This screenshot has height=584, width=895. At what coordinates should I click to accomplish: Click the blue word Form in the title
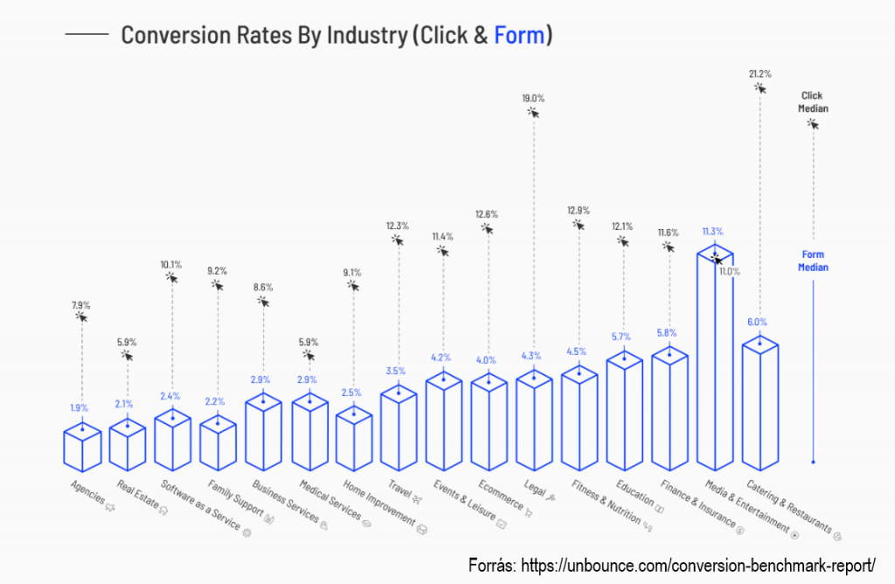pos(518,36)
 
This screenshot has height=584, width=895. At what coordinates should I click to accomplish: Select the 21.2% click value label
pos(760,74)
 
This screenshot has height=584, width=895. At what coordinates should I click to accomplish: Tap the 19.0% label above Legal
pos(533,99)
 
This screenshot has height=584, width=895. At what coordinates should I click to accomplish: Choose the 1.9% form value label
pos(79,407)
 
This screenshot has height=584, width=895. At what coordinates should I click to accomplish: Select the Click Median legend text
pos(812,102)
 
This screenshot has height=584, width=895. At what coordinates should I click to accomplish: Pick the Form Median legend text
pos(813,261)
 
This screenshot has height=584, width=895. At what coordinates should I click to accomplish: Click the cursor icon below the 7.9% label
pos(81,317)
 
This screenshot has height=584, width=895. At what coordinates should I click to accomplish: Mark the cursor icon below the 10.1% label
pos(171,277)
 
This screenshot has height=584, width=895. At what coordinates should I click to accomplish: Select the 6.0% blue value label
pos(757,322)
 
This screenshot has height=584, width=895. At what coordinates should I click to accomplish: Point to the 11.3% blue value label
pos(712,232)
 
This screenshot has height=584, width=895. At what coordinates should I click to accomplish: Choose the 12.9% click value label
pos(578,211)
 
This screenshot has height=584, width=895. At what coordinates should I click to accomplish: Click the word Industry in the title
pos(365,36)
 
